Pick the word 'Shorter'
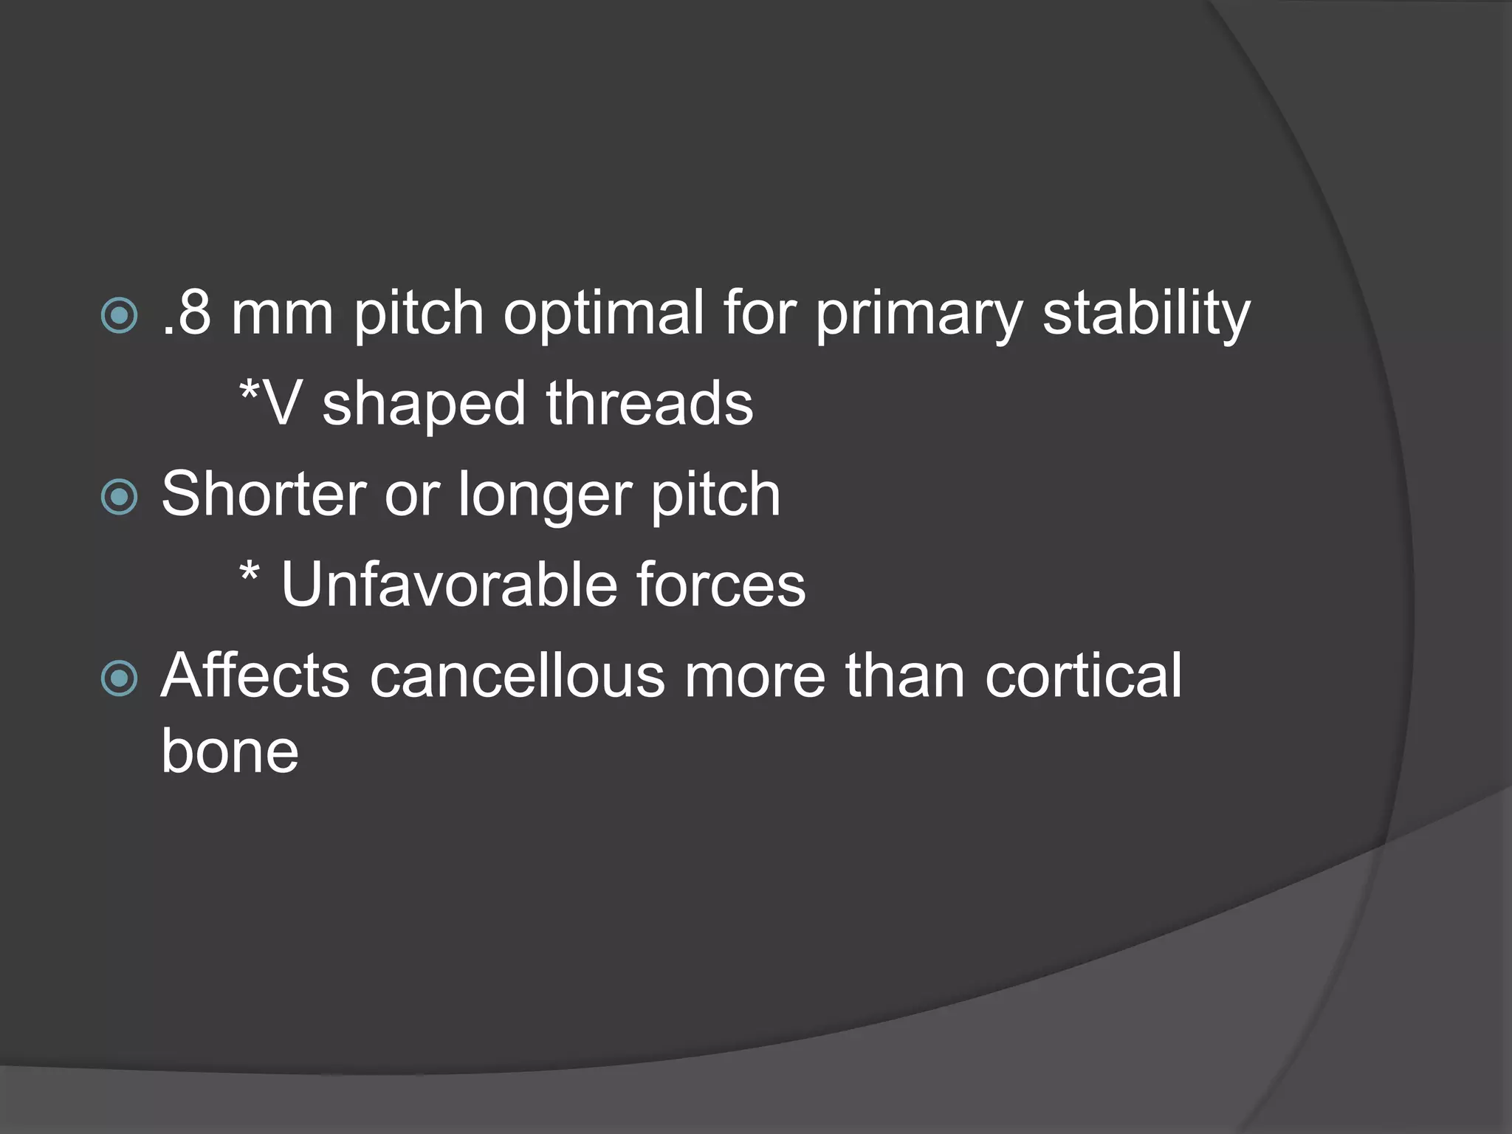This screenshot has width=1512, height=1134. coord(264,494)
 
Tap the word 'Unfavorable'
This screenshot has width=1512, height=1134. coord(449,585)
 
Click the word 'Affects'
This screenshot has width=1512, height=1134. coord(255,675)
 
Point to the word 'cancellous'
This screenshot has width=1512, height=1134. coord(517,675)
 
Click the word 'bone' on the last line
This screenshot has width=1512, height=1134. coord(230,751)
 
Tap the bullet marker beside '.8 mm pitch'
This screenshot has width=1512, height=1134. coord(119,316)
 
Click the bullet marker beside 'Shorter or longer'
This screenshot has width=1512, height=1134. coord(119,497)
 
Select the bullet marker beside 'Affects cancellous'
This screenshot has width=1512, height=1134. coord(119,678)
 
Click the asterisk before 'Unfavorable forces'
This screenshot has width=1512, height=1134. coord(250,572)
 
